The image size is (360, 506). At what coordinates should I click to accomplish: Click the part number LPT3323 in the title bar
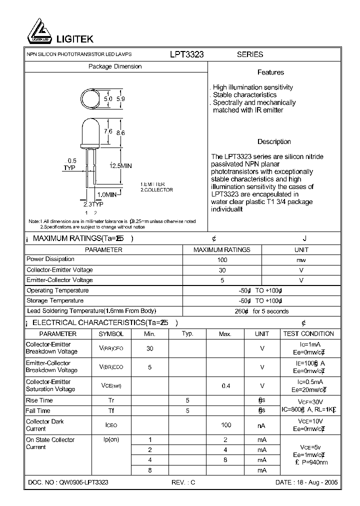click(186, 54)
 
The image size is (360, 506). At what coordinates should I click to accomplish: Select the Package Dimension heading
click(115, 66)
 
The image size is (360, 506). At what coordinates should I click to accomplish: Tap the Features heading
click(270, 72)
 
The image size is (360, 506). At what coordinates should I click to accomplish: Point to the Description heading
click(274, 141)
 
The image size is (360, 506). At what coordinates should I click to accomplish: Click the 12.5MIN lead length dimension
click(120, 165)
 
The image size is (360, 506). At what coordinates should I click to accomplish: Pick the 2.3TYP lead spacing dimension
click(93, 204)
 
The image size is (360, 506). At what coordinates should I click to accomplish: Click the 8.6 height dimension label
click(120, 133)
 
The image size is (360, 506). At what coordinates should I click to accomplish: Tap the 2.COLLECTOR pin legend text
click(156, 190)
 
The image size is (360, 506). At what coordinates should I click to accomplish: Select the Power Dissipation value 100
click(222, 259)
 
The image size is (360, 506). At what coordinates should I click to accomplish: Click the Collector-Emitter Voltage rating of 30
click(222, 270)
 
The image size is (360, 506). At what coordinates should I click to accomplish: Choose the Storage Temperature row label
click(55, 301)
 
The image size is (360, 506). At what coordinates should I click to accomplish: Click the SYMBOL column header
click(111, 333)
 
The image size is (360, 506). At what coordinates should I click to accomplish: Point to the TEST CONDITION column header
click(308, 333)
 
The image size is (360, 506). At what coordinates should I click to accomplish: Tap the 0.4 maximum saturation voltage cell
click(225, 385)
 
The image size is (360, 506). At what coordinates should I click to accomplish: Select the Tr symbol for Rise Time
click(111, 400)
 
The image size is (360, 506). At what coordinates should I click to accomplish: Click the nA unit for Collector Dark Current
click(261, 425)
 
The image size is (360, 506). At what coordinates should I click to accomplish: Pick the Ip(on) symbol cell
click(111, 439)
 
